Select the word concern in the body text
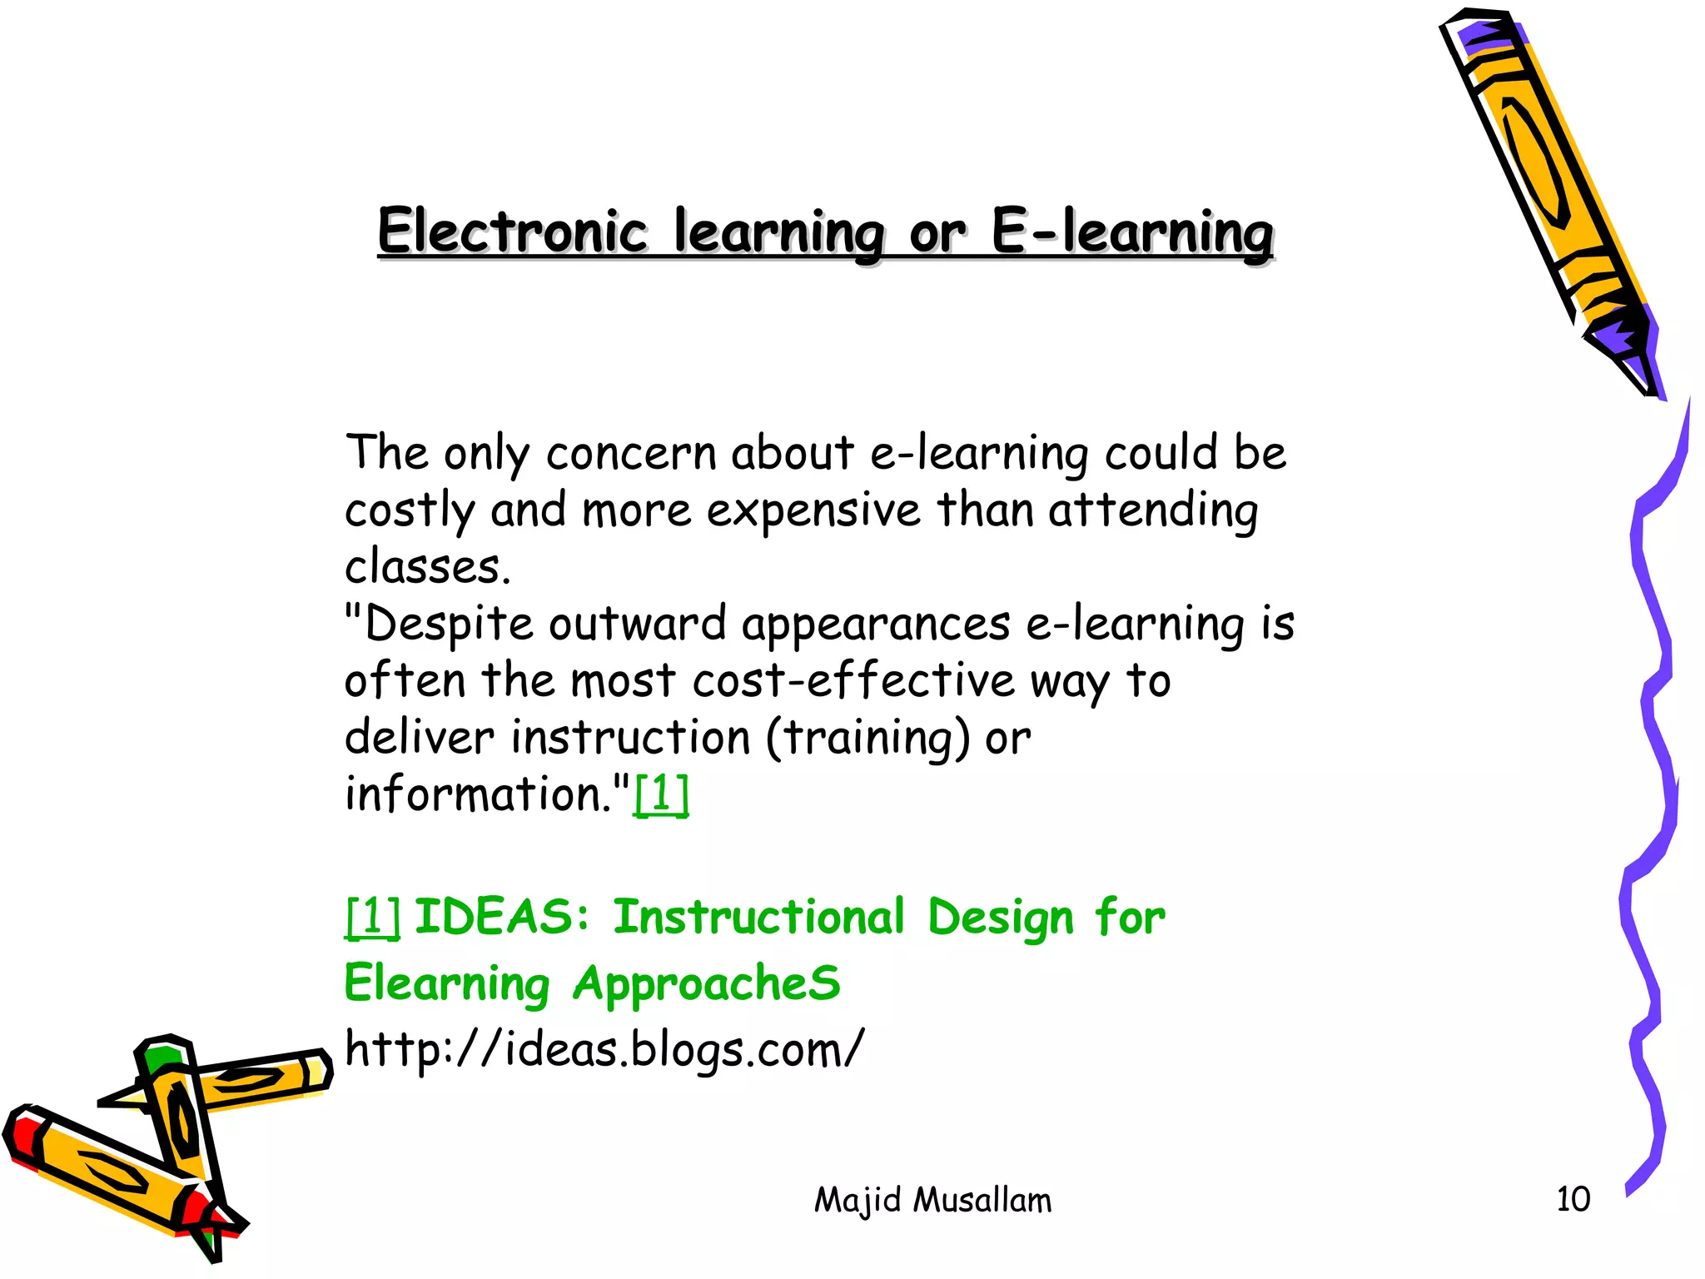tap(630, 454)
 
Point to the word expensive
tap(813, 510)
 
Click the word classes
tap(427, 568)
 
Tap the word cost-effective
tap(853, 680)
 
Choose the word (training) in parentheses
tap(867, 738)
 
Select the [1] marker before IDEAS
tap(372, 917)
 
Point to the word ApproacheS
tap(707, 983)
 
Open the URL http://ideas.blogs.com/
tap(604, 1048)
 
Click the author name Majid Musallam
tap(932, 1200)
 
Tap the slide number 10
tap(1573, 1199)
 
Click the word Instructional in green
tap(758, 917)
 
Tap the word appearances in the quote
tap(876, 625)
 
